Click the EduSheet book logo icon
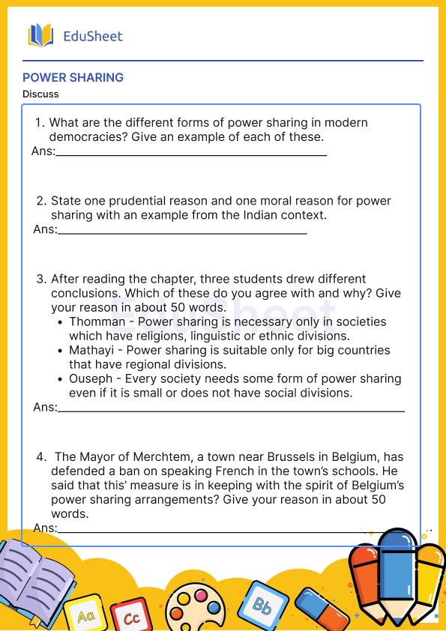40,35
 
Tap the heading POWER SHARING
73,77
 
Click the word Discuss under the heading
40,94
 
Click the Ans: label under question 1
43,151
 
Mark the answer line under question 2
182,232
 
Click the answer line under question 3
231,411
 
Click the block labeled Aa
85,615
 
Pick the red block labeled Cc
131,616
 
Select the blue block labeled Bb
261,604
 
